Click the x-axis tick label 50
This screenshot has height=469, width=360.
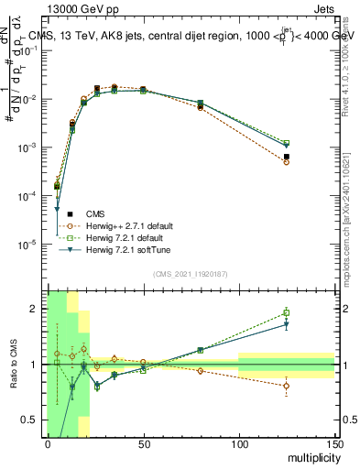[143, 443]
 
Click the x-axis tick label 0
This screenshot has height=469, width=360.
[48, 443]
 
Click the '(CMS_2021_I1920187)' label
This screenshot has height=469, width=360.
[191, 274]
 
